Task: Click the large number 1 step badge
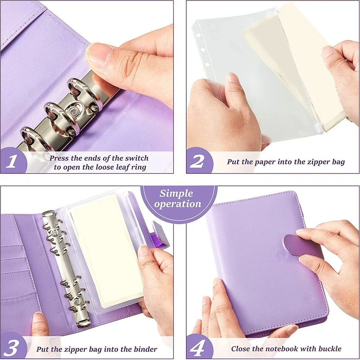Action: pos(11,161)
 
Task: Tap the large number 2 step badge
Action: pos(197,161)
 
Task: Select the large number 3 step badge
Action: pos(11,348)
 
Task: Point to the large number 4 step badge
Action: pos(197,348)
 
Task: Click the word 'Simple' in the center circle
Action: pos(176,193)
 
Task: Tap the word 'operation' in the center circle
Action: pos(177,204)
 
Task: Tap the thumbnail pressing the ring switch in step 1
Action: pos(99,54)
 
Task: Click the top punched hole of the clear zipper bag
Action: pos(198,36)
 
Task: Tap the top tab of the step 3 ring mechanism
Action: pos(48,213)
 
